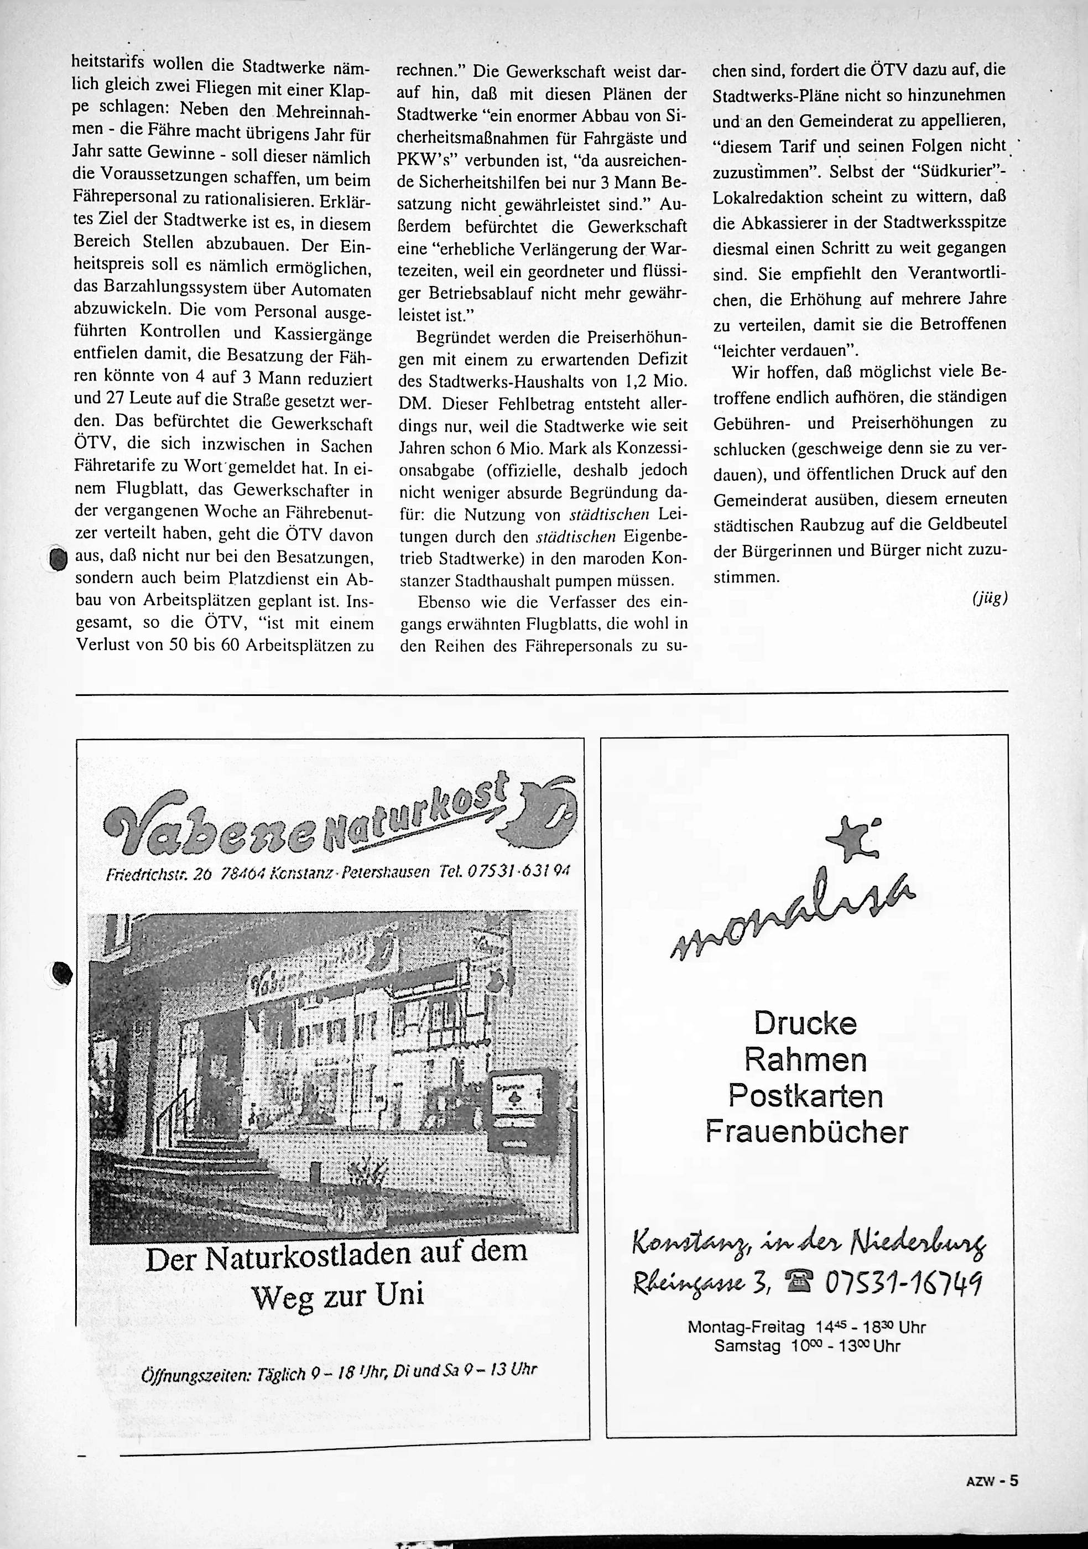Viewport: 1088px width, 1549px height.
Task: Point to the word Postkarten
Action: pos(805,1095)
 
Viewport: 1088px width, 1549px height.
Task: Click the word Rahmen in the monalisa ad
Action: pos(805,1060)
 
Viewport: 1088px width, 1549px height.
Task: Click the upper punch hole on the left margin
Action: pos(59,559)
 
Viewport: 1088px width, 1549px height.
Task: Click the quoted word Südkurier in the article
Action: pos(956,171)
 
